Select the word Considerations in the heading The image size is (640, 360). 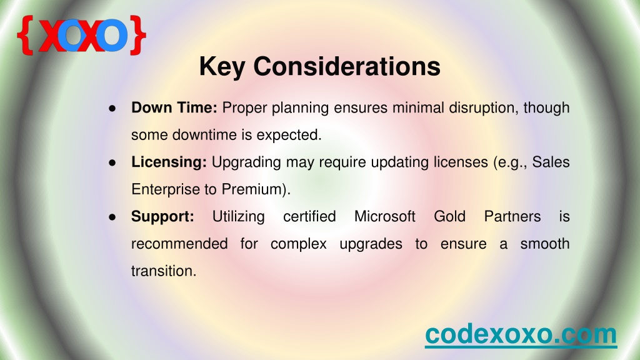(x=347, y=66)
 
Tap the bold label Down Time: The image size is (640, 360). (x=174, y=107)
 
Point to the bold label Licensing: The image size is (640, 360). (x=169, y=162)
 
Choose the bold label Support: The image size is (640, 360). (x=162, y=217)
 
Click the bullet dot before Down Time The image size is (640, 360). (x=112, y=108)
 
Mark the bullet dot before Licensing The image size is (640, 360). (x=112, y=162)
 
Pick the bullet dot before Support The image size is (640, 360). (x=112, y=217)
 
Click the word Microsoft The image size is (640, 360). (x=385, y=216)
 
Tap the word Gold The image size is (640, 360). (x=450, y=216)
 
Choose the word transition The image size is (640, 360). (x=162, y=271)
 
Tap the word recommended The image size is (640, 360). (x=179, y=244)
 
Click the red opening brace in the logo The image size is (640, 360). (x=25, y=35)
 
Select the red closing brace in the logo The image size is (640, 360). (x=138, y=35)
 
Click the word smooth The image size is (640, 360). (x=545, y=244)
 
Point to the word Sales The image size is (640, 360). (x=551, y=162)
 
